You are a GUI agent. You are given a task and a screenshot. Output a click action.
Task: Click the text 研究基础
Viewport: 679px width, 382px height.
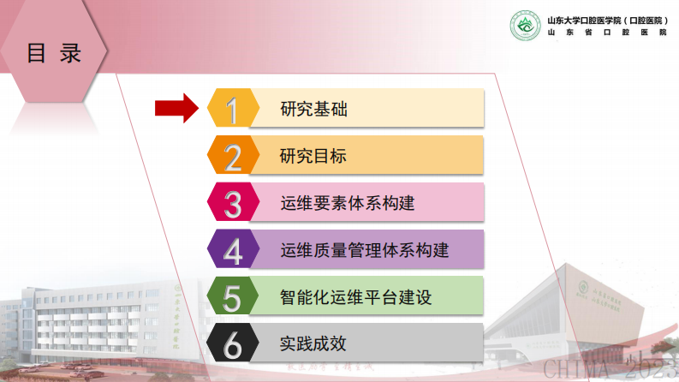pyautogui.click(x=313, y=110)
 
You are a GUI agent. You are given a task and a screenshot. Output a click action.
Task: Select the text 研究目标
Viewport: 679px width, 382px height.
pyautogui.click(x=313, y=157)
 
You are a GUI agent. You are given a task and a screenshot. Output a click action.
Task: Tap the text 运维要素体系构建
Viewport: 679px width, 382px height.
pyautogui.click(x=347, y=204)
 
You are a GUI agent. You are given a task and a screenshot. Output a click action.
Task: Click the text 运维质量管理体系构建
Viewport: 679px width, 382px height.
pyautogui.click(x=364, y=251)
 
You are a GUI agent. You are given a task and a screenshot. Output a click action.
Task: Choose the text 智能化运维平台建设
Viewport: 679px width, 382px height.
pyautogui.click(x=355, y=298)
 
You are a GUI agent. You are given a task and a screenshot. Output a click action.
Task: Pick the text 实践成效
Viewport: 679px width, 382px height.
pyautogui.click(x=313, y=344)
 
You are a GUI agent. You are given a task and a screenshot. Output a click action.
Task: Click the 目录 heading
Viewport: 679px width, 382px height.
pyautogui.click(x=54, y=54)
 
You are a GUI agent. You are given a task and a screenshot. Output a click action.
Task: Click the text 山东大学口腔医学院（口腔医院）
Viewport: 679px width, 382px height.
pyautogui.click(x=607, y=19)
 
